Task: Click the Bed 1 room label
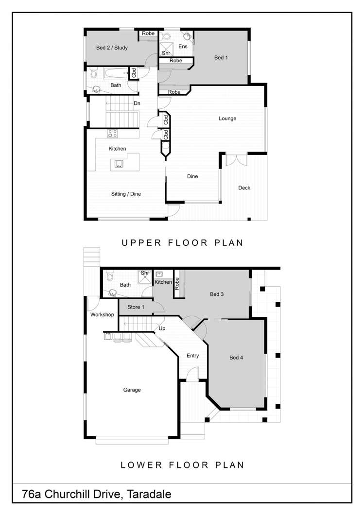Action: (221, 58)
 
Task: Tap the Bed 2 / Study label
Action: (112, 48)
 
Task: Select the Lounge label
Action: (227, 119)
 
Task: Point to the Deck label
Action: (244, 188)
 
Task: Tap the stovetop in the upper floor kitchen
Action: (112, 134)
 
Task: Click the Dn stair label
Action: (137, 103)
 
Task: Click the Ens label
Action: (183, 47)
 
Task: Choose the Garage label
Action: (132, 390)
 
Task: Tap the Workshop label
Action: (102, 315)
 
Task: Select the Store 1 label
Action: (136, 307)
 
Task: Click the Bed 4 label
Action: (236, 358)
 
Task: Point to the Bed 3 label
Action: (217, 294)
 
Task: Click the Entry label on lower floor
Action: (193, 356)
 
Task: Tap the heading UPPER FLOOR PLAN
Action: (182, 242)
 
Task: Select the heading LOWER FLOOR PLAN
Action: (182, 465)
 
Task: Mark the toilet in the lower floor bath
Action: (110, 277)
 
